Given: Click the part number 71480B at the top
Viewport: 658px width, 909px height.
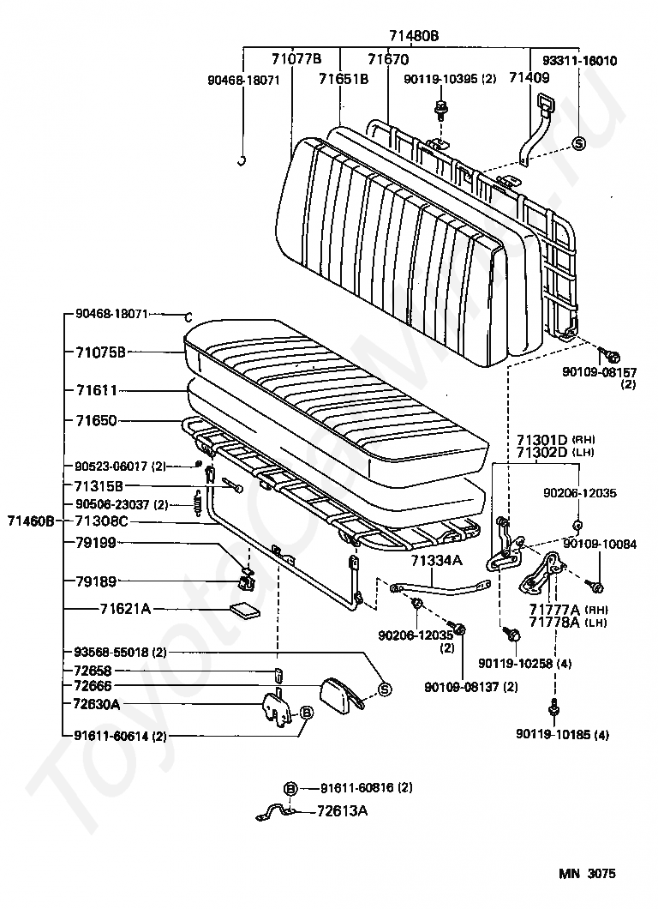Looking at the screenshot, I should tap(415, 35).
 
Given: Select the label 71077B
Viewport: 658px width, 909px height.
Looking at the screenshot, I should tap(296, 58).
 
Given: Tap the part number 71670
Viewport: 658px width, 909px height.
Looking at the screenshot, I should tap(388, 59).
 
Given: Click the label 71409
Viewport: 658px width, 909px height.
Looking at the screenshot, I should tap(528, 78).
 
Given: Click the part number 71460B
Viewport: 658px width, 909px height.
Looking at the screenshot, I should tap(31, 521).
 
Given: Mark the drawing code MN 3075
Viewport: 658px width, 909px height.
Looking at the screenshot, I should tap(588, 874).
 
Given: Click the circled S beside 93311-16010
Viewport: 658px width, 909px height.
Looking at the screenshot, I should tap(578, 143).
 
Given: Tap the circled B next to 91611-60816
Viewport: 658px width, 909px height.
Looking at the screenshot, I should tap(290, 788).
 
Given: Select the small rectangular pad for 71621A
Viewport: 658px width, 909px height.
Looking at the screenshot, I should tap(246, 611).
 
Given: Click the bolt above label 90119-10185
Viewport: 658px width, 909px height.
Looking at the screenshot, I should tap(553, 706).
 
